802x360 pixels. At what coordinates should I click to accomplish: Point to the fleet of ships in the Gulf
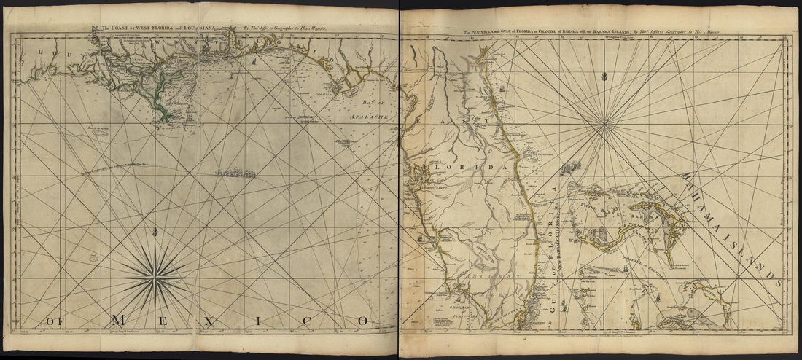(x=236, y=173)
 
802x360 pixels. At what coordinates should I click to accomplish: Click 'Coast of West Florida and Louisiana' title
(x=157, y=28)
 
